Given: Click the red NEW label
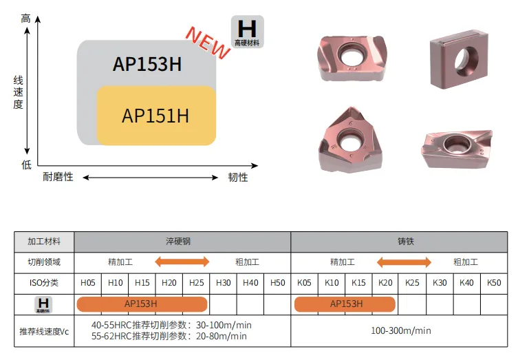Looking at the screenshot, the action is pyautogui.click(x=208, y=43).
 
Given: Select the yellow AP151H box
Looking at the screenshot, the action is pyautogui.click(x=156, y=116).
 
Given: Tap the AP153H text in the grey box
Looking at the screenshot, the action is pyautogui.click(x=147, y=64).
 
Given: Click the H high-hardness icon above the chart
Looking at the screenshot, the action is pyautogui.click(x=248, y=32).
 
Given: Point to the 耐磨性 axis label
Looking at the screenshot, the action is pyautogui.click(x=58, y=177).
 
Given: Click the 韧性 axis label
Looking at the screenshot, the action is pyautogui.click(x=238, y=177).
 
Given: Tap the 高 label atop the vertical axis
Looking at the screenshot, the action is pyautogui.click(x=25, y=19).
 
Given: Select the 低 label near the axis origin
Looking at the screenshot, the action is pyautogui.click(x=26, y=165).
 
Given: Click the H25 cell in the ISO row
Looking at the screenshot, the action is pyautogui.click(x=196, y=283).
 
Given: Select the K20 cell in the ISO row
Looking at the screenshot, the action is pyautogui.click(x=385, y=283).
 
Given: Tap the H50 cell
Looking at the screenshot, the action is pyautogui.click(x=277, y=283).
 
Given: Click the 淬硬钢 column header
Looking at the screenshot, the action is pyautogui.click(x=178, y=242).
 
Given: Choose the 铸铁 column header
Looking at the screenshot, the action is pyautogui.click(x=406, y=242).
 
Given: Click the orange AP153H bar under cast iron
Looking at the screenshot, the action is pyautogui.click(x=345, y=304).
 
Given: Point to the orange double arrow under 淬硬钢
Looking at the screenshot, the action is pyautogui.click(x=182, y=262).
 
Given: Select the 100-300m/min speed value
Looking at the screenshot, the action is pyautogui.click(x=401, y=330).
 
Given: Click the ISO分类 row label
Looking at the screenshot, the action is pyautogui.click(x=44, y=283).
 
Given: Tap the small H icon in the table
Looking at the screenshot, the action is pyautogui.click(x=43, y=304).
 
